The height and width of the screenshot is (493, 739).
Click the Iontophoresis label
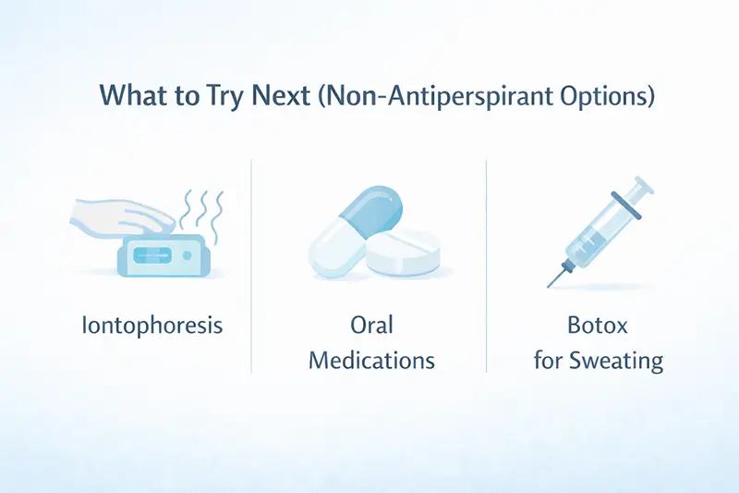click(151, 327)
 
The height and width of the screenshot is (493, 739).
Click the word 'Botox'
click(599, 327)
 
